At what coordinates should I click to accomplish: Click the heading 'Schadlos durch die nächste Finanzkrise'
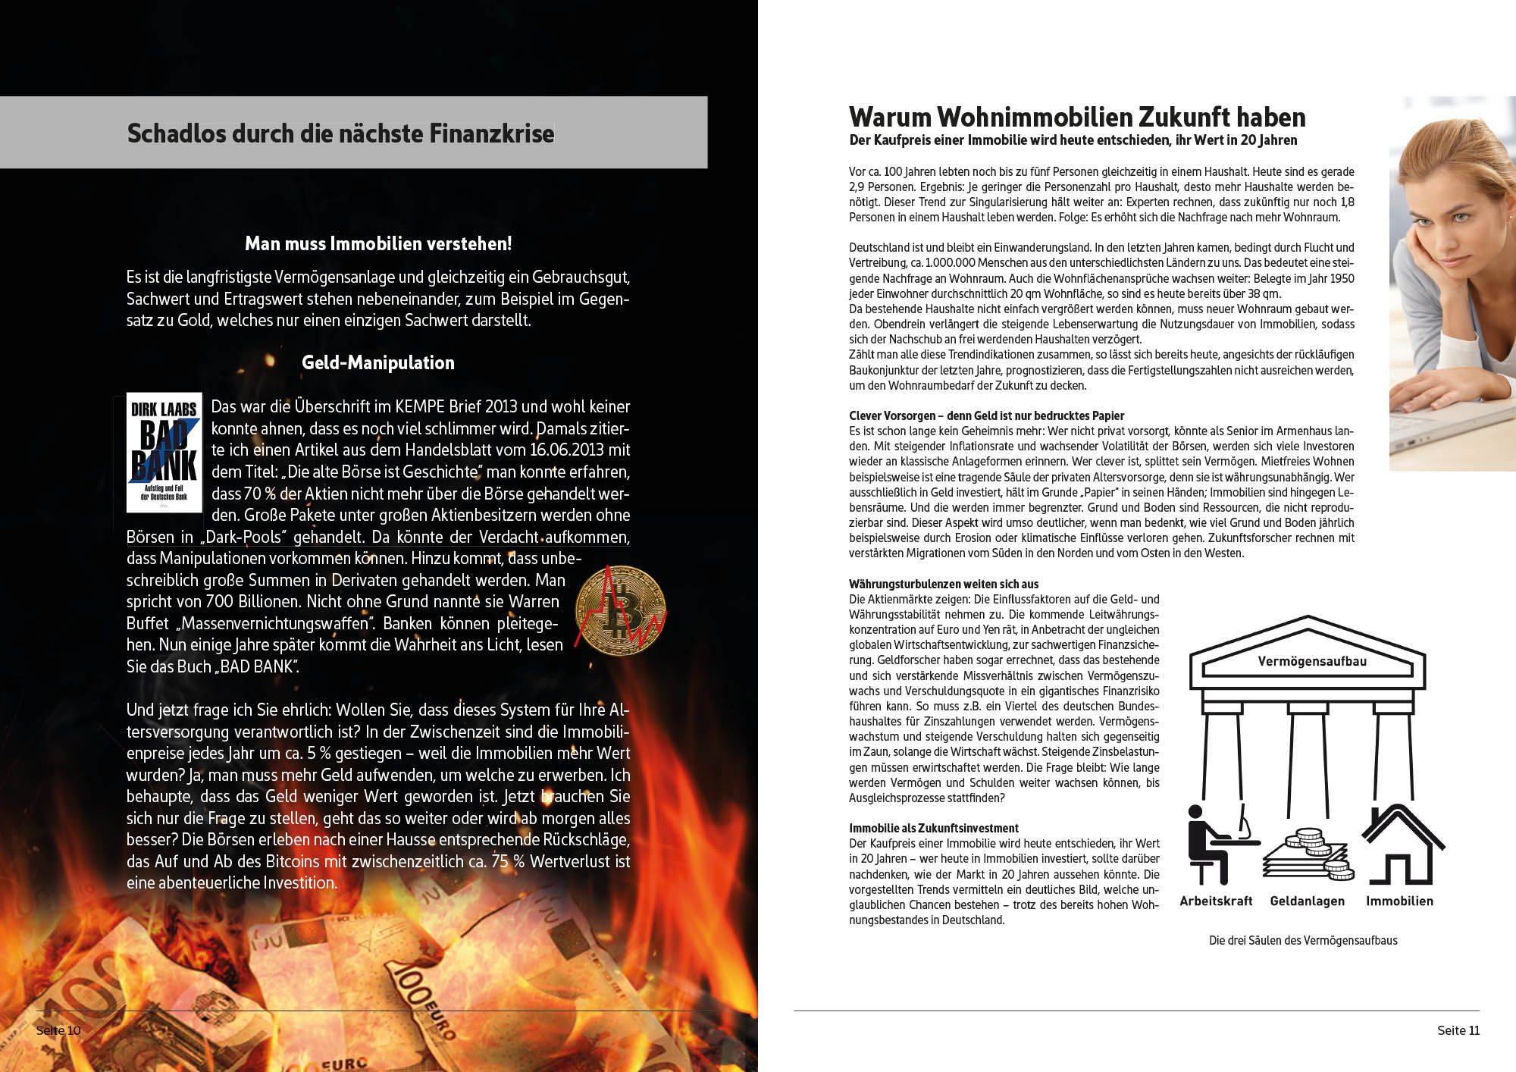pyautogui.click(x=340, y=133)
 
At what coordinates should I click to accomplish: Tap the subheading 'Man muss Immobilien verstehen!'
pyautogui.click(x=378, y=243)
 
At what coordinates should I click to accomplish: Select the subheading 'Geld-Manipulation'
pyautogui.click(x=378, y=362)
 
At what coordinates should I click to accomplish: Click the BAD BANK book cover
pyautogui.click(x=164, y=453)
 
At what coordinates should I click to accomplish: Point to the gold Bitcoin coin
pyautogui.click(x=620, y=607)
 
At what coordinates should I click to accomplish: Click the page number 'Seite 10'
pyautogui.click(x=58, y=1030)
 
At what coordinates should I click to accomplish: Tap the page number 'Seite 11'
pyautogui.click(x=1458, y=1030)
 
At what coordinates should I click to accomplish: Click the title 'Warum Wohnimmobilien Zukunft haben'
pyautogui.click(x=1077, y=117)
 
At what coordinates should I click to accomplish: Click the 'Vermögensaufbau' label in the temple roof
pyautogui.click(x=1312, y=661)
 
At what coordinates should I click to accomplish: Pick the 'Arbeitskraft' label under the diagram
pyautogui.click(x=1216, y=901)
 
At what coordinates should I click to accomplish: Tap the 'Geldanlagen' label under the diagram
pyautogui.click(x=1308, y=901)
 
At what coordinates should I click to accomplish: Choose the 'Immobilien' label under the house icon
pyautogui.click(x=1399, y=901)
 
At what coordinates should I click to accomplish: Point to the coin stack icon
pyautogui.click(x=1308, y=855)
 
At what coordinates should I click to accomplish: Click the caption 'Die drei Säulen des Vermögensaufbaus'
pyautogui.click(x=1303, y=940)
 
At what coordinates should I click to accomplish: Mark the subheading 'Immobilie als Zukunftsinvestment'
pyautogui.click(x=934, y=828)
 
